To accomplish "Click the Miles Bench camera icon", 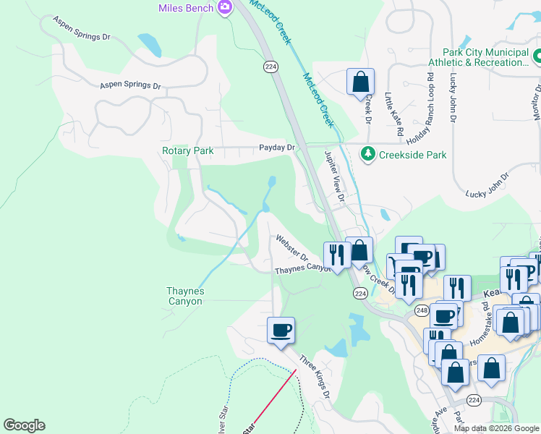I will tap(226, 7).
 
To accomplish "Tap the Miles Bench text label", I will tap(187, 8).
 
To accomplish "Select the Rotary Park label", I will tap(187, 150).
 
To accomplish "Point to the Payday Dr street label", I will tap(278, 148).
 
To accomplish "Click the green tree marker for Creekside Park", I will tap(368, 154).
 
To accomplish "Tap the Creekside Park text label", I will tap(413, 155).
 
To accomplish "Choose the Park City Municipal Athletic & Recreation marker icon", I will tap(537, 56).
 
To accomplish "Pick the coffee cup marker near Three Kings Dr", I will tap(281, 331).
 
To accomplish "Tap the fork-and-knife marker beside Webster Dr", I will tap(337, 255).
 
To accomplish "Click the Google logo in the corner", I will tap(24, 425).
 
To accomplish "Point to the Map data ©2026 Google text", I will tap(496, 428).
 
